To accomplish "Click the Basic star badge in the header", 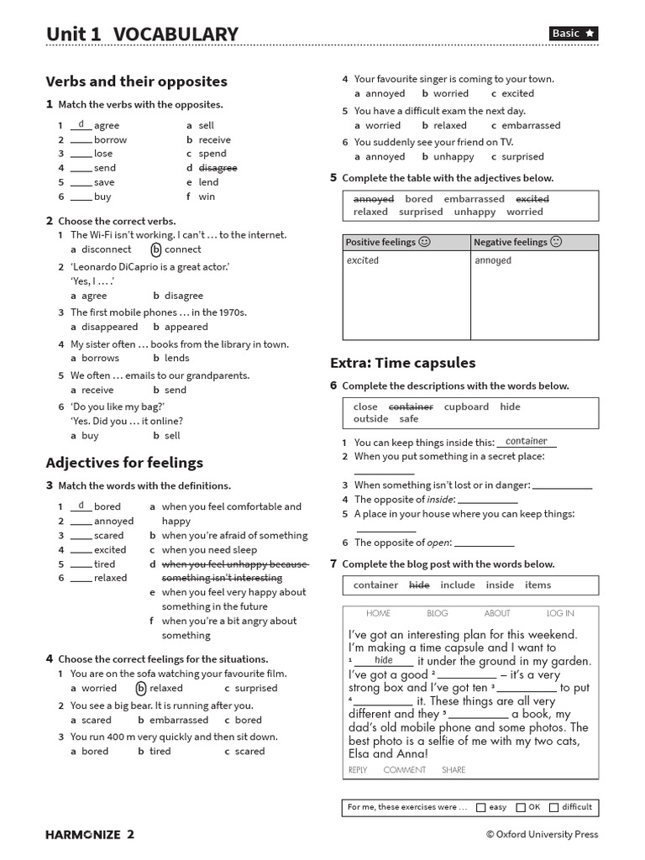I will [574, 33].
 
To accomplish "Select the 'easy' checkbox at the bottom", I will [480, 807].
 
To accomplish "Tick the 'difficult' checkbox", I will [553, 807].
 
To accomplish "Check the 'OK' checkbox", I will [521, 807].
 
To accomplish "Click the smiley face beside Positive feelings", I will [424, 242].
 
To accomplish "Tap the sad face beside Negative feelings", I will [556, 242].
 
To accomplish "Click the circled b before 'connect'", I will [156, 249].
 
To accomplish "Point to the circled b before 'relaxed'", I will [141, 689].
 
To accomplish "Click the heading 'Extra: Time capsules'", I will [403, 363].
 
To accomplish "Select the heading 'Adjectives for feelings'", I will [124, 463].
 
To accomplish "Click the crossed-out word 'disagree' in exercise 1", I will [218, 168].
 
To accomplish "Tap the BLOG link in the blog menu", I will [438, 613].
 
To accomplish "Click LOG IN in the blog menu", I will [560, 613].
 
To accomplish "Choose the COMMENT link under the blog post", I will [404, 769].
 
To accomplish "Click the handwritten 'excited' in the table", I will [363, 260].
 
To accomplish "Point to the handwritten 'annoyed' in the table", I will [493, 260].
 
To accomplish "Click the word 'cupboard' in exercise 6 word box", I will [466, 406].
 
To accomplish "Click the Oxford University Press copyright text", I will [542, 834].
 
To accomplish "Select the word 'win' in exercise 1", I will [207, 197].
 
